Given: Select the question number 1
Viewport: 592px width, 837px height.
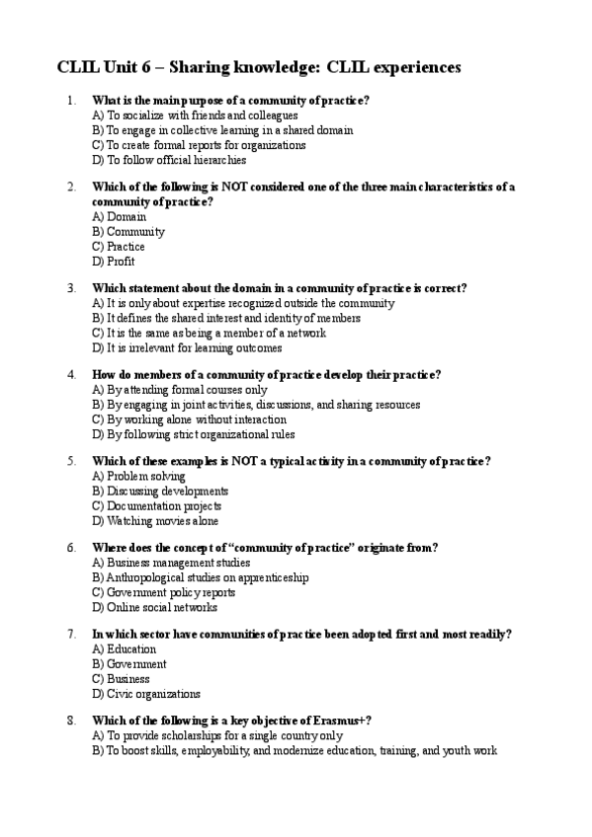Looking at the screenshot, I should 70,100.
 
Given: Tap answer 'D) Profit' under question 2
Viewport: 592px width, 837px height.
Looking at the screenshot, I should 114,262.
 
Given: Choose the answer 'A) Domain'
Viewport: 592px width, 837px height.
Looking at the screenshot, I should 120,216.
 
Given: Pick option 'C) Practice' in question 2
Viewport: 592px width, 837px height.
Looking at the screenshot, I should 119,247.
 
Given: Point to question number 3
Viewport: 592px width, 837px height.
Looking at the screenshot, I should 70,288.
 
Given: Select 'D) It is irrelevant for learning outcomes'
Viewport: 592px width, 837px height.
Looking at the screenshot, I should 187,348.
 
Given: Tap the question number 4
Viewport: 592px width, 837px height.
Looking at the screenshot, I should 70,374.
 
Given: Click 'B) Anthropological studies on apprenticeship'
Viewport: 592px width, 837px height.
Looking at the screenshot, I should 201,577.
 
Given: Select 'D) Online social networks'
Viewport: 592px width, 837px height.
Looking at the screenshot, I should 154,608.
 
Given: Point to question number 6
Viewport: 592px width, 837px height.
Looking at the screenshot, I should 70,547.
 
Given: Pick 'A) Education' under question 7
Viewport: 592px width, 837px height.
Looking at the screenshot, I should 125,648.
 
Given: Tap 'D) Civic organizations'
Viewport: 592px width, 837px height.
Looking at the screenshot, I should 146,694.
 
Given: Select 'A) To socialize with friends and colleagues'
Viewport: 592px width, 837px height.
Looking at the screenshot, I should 194,114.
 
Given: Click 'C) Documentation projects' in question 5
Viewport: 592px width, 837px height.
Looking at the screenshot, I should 157,506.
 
